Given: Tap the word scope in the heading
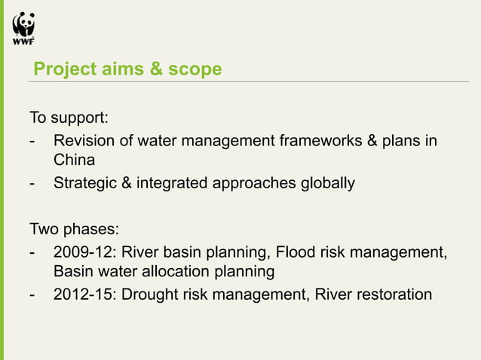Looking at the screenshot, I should pos(195,69).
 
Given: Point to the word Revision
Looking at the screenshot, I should pos(85,141).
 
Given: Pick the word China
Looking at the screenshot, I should pos(74,160).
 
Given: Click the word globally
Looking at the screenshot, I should pos(326,183).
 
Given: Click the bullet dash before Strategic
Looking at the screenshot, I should pos(31,183).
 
